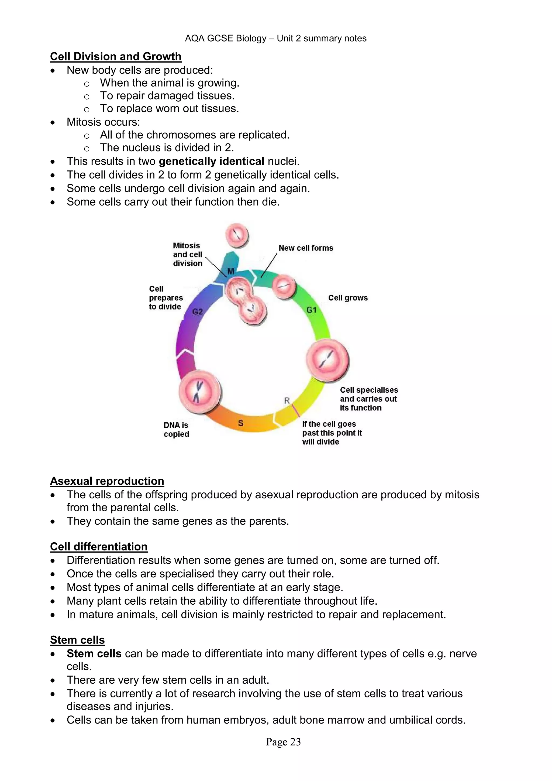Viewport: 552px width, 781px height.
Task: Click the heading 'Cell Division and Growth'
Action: coord(116,56)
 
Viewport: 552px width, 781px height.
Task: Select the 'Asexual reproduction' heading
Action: coord(107,481)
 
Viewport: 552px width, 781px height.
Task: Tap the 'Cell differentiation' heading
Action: coord(99,547)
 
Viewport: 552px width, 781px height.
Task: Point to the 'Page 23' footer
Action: coord(283,742)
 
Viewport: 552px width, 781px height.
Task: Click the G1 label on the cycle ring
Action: coord(311,310)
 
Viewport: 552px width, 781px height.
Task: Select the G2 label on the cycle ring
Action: coord(198,311)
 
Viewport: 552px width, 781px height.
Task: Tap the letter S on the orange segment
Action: coord(241,423)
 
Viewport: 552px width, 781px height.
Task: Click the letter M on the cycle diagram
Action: coord(231,271)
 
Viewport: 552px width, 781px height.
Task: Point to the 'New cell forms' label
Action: coord(306,248)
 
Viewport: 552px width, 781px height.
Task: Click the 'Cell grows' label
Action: coord(348,298)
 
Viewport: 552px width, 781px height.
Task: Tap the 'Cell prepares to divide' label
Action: coord(165,298)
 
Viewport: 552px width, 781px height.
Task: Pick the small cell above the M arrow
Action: coord(237,235)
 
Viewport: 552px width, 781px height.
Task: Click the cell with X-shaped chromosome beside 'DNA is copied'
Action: coord(200,392)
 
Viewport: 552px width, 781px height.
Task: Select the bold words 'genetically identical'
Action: coord(211,161)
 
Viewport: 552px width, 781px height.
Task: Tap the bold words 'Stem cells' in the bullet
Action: coord(94,653)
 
